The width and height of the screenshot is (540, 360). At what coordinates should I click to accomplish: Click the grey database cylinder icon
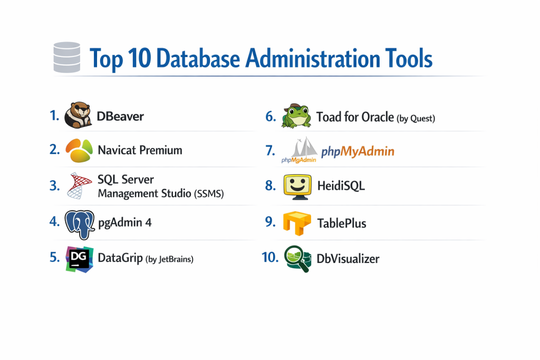click(x=67, y=57)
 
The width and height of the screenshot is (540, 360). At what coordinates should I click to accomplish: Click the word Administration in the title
click(x=313, y=58)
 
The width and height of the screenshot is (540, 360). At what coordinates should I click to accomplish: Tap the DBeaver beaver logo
click(x=78, y=115)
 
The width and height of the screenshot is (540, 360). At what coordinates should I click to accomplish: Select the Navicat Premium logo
click(x=79, y=150)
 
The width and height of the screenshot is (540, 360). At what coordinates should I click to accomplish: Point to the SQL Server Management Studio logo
click(x=80, y=186)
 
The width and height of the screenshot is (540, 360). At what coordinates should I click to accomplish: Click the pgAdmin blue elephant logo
click(x=80, y=225)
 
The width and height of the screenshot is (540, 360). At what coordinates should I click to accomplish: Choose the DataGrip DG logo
click(x=80, y=259)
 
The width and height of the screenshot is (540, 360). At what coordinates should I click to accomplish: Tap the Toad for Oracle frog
click(x=296, y=116)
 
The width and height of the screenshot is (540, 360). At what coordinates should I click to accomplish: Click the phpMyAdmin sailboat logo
click(x=299, y=150)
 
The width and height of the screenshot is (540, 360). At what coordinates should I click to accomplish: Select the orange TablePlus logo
click(x=297, y=223)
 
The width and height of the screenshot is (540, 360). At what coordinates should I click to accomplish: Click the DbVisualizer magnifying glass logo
click(x=298, y=259)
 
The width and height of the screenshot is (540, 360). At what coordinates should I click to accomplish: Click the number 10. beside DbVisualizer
click(x=270, y=257)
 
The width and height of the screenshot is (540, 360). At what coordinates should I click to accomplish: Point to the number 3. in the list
click(x=54, y=186)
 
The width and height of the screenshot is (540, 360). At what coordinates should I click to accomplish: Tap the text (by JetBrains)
click(x=169, y=259)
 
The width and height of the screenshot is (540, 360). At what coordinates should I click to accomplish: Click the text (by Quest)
click(x=416, y=119)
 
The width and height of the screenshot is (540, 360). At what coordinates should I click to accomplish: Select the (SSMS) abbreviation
click(x=209, y=194)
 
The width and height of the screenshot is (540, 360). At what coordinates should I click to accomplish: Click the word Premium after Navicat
click(x=161, y=150)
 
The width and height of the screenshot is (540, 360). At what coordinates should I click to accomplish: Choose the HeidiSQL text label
click(x=341, y=186)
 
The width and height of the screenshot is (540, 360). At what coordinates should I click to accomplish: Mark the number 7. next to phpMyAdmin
click(x=271, y=150)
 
